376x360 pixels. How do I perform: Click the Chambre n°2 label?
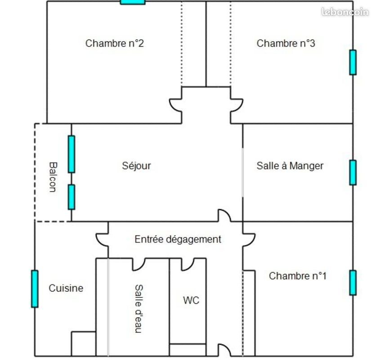pyautogui.click(x=114, y=44)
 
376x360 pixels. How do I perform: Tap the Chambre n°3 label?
pyautogui.click(x=286, y=44)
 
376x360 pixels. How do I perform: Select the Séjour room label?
pyautogui.click(x=136, y=166)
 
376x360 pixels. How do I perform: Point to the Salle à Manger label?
pyautogui.click(x=290, y=166)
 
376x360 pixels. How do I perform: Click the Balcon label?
pyautogui.click(x=53, y=177)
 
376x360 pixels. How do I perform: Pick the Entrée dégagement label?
pyautogui.click(x=178, y=239)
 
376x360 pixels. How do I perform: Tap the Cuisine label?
pyautogui.click(x=66, y=288)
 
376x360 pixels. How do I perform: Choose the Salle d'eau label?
pyautogui.click(x=139, y=309)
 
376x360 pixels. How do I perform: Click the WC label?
pyautogui.click(x=191, y=301)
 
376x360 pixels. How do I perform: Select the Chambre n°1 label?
pyautogui.click(x=298, y=276)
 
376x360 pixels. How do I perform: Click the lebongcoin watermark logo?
pyautogui.click(x=345, y=12)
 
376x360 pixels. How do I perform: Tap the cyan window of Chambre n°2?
pyautogui.click(x=133, y=2)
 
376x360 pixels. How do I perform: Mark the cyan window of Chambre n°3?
pyautogui.click(x=353, y=63)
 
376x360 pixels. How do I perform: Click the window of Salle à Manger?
pyautogui.click(x=353, y=172)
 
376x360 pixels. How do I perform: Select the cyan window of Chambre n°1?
pyautogui.click(x=353, y=283)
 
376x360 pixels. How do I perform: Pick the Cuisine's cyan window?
pyautogui.click(x=35, y=289)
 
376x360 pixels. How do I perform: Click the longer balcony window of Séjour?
pyautogui.click(x=72, y=154)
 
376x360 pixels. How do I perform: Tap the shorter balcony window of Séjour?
pyautogui.click(x=72, y=197)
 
